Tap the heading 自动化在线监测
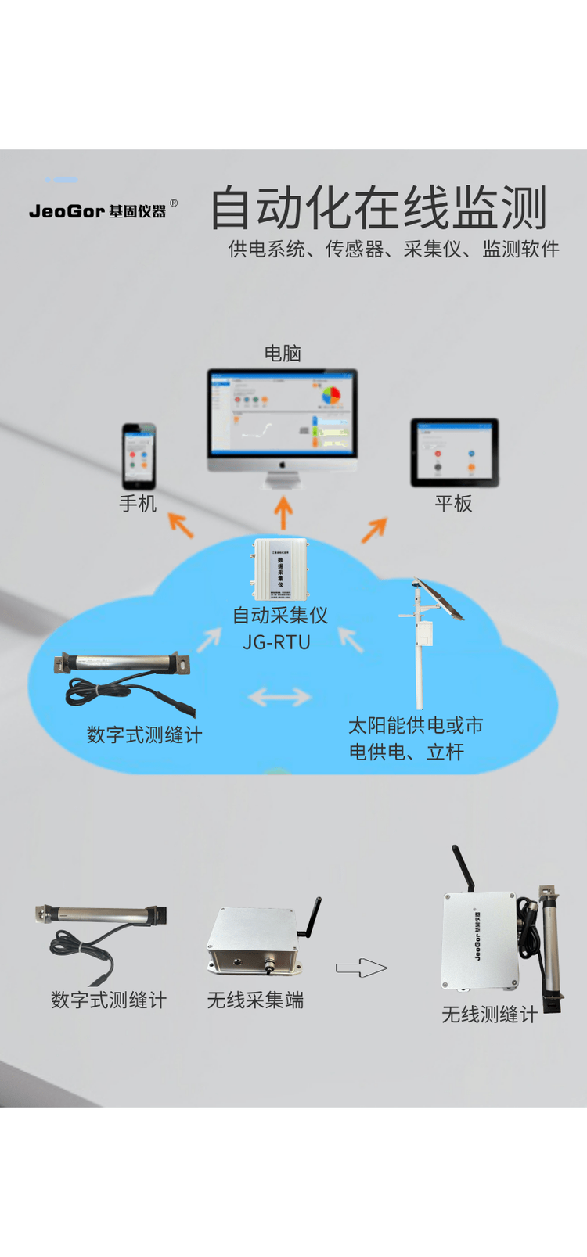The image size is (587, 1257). tap(379, 208)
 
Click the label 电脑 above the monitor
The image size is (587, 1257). tap(283, 354)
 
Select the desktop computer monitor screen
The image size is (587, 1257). tap(283, 412)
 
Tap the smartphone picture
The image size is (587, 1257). tap(139, 456)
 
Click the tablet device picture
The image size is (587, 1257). tap(455, 452)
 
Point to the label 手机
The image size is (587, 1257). tap(138, 503)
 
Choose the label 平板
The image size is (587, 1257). tap(454, 503)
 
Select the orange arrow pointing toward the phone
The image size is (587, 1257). tap(181, 525)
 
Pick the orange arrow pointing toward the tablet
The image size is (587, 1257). tap(374, 530)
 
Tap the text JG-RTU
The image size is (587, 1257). tap(277, 642)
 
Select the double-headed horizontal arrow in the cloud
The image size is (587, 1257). tap(279, 696)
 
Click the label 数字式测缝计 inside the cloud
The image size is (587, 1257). tap(144, 734)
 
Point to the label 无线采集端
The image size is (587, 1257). tap(255, 1000)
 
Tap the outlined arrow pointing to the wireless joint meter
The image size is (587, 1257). tap(362, 968)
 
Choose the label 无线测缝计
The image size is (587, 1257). tap(489, 1015)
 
